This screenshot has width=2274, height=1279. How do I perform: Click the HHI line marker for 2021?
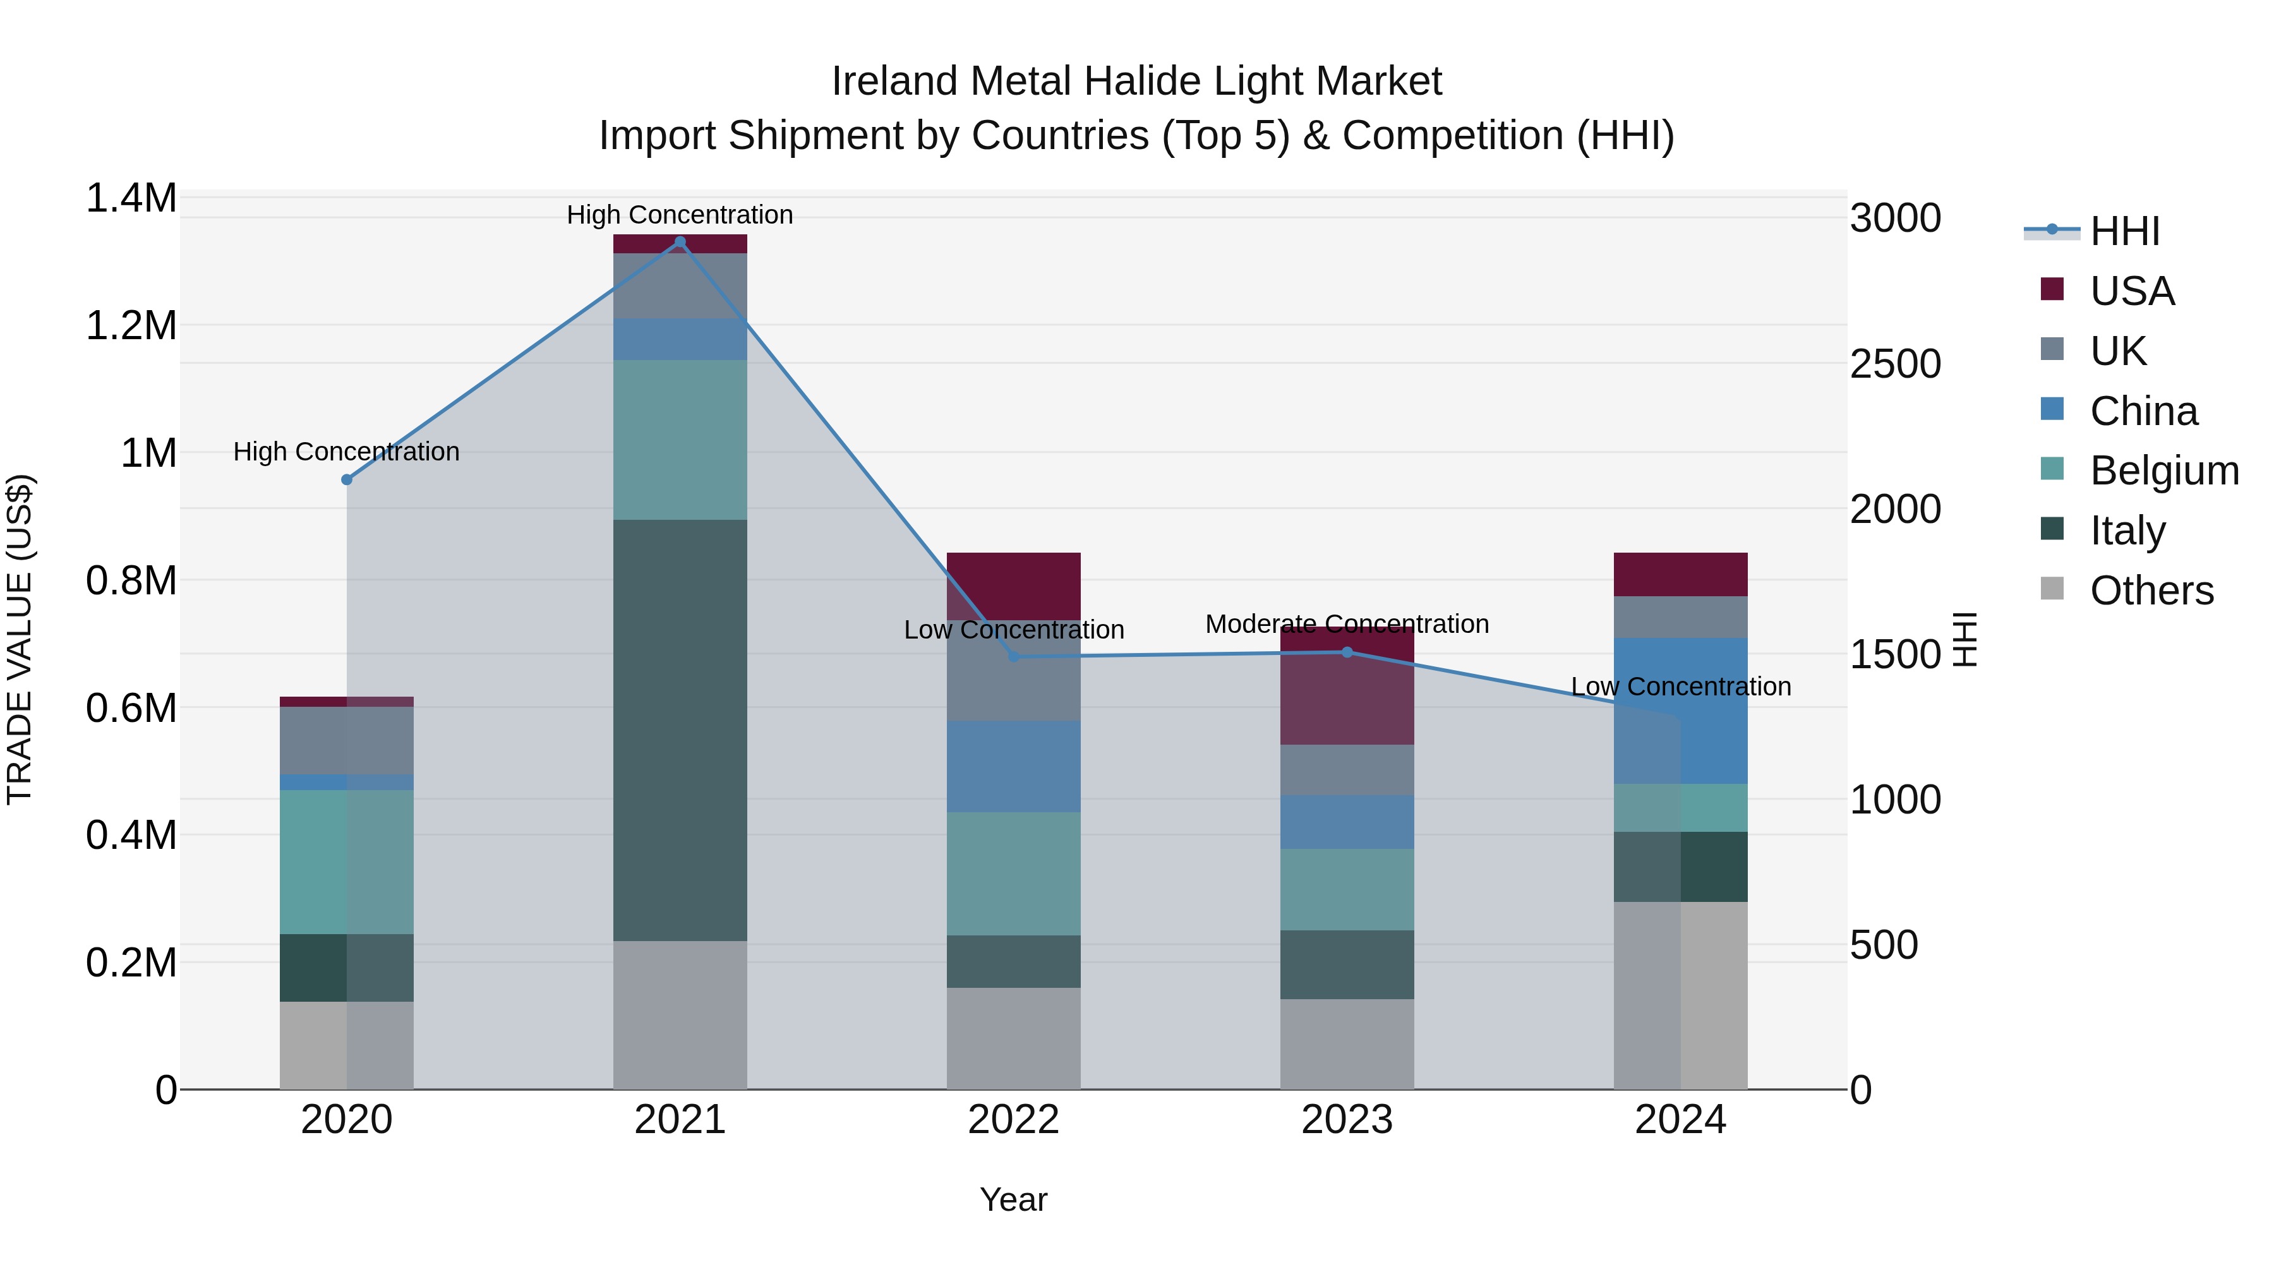click(x=680, y=242)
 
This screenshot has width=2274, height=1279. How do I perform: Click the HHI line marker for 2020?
click(x=347, y=479)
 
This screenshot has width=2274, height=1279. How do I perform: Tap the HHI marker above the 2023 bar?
click(x=1347, y=652)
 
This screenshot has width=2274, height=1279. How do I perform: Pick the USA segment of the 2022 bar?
click(x=1013, y=585)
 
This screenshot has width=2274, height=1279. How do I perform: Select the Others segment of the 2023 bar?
click(x=1347, y=1043)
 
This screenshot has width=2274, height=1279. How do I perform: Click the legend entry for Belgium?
click(x=2163, y=471)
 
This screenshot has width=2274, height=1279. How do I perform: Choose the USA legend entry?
click(x=2131, y=291)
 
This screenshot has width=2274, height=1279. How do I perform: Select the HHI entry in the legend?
click(x=2124, y=231)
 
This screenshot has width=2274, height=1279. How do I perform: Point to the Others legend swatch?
click(x=2052, y=589)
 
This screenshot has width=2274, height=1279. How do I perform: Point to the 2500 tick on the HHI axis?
click(x=1894, y=364)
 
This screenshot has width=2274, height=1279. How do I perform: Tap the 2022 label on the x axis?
click(x=1013, y=1119)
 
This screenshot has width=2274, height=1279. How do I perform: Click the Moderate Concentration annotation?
click(x=1347, y=624)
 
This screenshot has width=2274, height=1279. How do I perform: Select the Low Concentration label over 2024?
click(x=1681, y=686)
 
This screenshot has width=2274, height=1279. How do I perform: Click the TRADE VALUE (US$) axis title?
click(x=20, y=639)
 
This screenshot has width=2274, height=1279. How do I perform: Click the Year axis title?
click(x=1013, y=1199)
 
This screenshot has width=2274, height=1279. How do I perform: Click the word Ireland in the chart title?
click(x=895, y=81)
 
